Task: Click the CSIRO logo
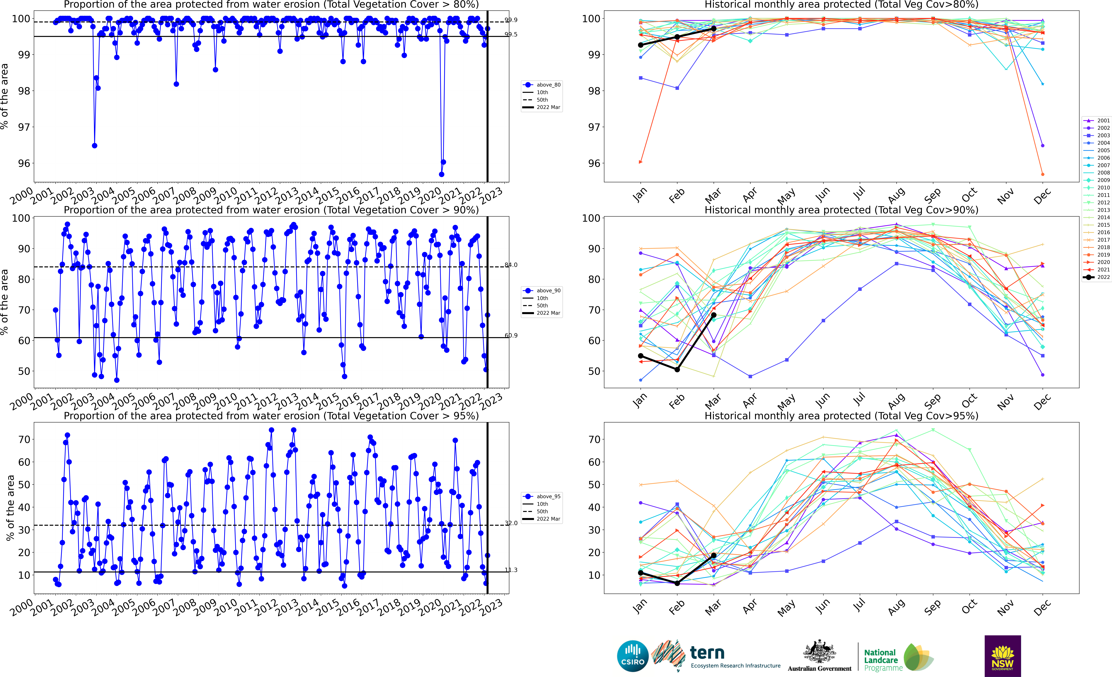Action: [632, 656]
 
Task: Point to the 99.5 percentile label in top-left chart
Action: [511, 34]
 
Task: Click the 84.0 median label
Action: [511, 265]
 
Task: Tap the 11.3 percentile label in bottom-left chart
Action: [511, 570]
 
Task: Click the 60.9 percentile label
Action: [511, 335]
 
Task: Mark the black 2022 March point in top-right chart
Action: [713, 28]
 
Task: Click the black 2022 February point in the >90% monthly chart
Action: [677, 369]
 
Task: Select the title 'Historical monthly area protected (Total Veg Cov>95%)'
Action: [841, 416]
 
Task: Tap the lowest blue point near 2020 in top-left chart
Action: [441, 174]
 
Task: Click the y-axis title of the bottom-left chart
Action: [10, 508]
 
